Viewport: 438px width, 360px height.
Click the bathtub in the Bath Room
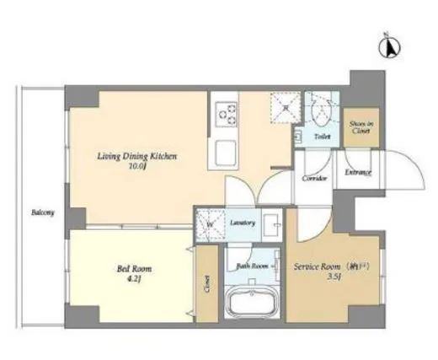coord(250,302)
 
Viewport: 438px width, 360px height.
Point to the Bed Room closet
coord(205,287)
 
